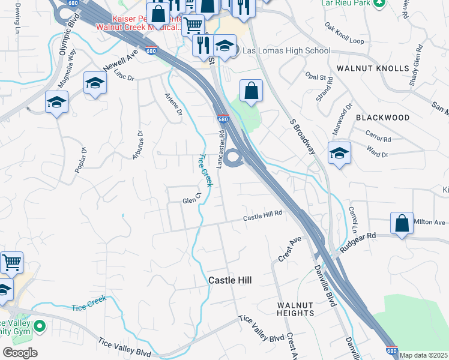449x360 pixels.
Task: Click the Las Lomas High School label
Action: tap(286, 50)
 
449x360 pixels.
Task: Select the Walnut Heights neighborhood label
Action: tap(295, 309)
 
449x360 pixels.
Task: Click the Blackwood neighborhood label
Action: tap(383, 118)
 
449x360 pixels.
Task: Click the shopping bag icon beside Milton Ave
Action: tap(402, 223)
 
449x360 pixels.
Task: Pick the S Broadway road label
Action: tap(302, 136)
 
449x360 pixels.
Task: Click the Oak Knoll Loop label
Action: tap(344, 34)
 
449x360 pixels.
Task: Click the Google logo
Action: tap(20, 353)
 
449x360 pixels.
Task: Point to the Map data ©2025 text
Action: tap(423, 355)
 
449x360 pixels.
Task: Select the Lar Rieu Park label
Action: tap(346, 3)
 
